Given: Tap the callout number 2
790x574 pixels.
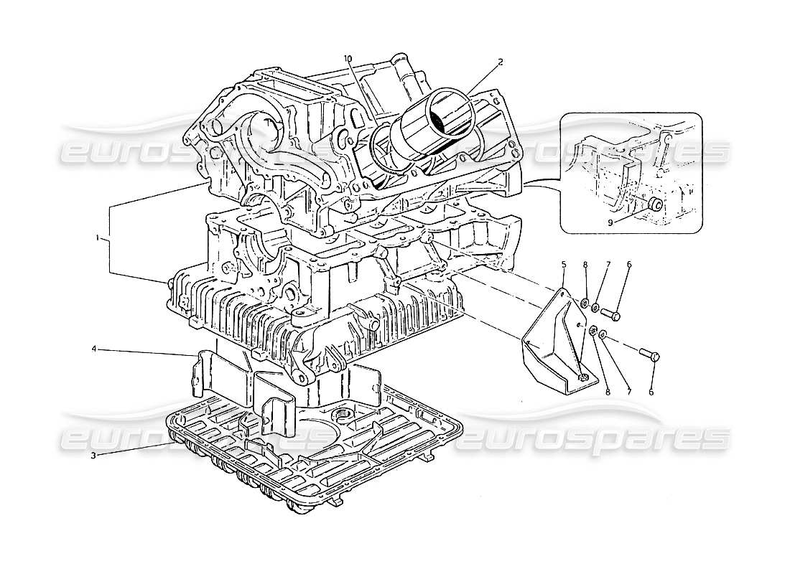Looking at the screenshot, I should pyautogui.click(x=500, y=62).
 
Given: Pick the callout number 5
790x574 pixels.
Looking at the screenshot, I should pyautogui.click(x=564, y=265).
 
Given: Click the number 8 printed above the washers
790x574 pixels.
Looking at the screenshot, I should pyautogui.click(x=586, y=265).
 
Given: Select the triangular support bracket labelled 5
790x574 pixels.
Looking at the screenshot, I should pyautogui.click(x=553, y=337).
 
